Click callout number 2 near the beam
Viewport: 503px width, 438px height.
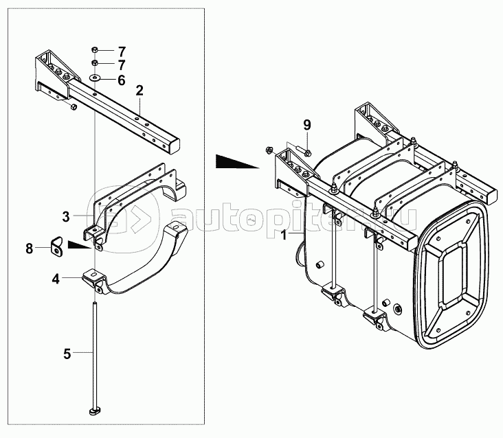point(139,91)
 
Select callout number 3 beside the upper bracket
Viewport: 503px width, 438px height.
point(66,217)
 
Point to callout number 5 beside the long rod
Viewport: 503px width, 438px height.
point(67,354)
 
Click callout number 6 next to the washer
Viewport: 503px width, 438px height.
point(121,80)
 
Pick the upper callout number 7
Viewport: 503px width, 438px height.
point(121,51)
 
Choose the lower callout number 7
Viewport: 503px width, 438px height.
point(121,65)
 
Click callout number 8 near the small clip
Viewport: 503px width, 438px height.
point(30,249)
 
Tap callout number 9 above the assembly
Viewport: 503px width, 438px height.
point(307,124)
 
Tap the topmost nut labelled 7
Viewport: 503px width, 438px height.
point(95,50)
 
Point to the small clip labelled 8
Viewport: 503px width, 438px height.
point(56,245)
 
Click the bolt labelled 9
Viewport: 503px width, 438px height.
point(307,151)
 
